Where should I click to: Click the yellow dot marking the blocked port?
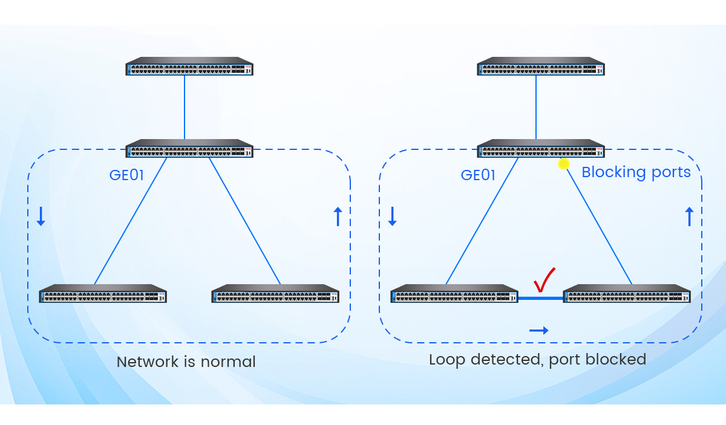tap(564, 164)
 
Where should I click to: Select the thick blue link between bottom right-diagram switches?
tap(540, 298)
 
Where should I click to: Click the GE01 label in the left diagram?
tap(126, 175)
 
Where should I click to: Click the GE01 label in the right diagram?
tap(478, 175)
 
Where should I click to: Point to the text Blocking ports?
tap(636, 172)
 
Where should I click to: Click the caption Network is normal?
tap(186, 362)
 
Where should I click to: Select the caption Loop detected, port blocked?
tap(537, 360)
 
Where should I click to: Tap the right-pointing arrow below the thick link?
tap(538, 330)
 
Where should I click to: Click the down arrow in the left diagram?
tap(41, 216)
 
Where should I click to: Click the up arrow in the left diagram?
tap(338, 216)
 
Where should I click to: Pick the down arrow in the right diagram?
tap(392, 216)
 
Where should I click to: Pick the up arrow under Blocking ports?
tap(688, 216)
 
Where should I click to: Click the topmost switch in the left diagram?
tap(189, 67)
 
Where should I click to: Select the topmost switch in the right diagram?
tap(541, 67)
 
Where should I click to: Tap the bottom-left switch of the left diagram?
tap(103, 294)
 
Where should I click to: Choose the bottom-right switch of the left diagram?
tap(275, 294)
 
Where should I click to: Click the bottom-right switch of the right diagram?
tap(627, 294)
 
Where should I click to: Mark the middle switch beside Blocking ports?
tap(541, 149)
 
